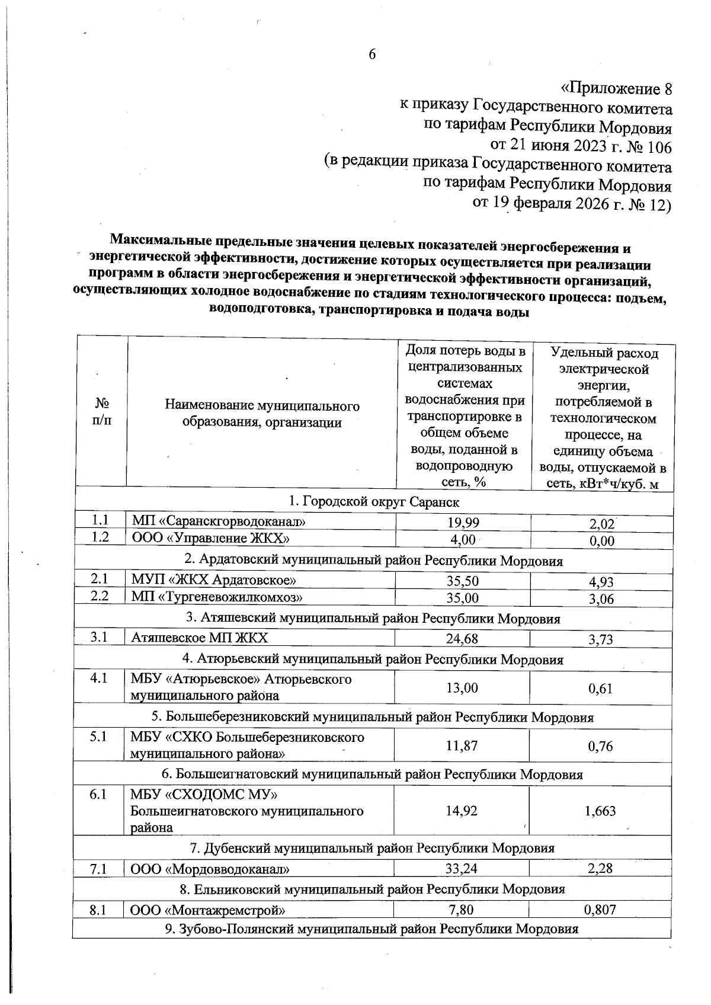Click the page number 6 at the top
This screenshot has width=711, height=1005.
(372, 54)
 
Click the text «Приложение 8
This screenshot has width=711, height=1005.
(616, 89)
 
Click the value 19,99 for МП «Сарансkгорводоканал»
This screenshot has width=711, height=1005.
(463, 522)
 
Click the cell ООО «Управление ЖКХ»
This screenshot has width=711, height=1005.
(210, 539)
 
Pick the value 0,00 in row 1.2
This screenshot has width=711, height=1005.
(601, 540)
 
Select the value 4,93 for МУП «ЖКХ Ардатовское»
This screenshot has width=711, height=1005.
(601, 582)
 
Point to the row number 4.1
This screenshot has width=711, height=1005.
(99, 678)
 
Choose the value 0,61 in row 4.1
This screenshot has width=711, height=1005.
(600, 689)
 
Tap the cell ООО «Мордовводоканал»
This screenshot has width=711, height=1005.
(210, 869)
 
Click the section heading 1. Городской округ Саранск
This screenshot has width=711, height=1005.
(374, 502)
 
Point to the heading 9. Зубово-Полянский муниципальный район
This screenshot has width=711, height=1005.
(371, 929)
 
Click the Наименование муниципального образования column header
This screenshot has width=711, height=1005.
(262, 414)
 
